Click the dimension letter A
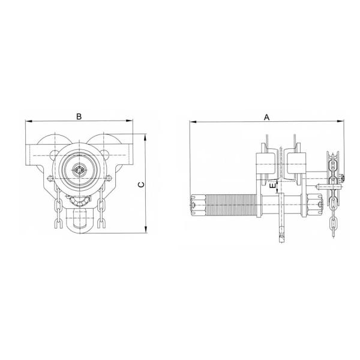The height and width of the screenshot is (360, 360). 266,118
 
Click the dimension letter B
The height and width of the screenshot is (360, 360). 79,116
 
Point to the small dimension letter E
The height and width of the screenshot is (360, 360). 272,186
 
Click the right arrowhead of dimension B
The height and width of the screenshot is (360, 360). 130,121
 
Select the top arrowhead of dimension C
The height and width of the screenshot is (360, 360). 145,137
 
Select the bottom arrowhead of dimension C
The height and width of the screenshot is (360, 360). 145,230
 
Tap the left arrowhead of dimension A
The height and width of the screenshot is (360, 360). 193,121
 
